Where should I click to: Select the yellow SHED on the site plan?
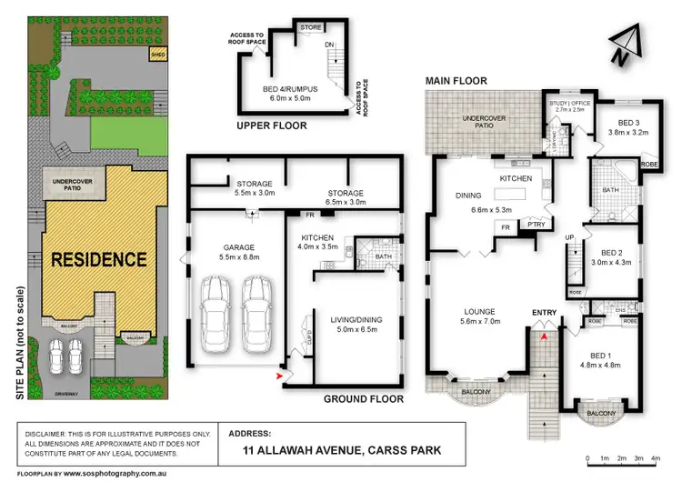click(x=157, y=54)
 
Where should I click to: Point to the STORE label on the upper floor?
click(x=312, y=27)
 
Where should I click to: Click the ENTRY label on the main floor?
click(x=544, y=314)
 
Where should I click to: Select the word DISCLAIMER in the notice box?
click(x=43, y=434)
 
